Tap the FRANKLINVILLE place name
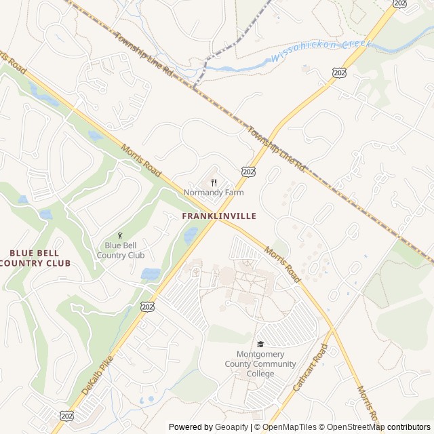click(219, 216)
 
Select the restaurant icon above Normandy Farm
click(214, 182)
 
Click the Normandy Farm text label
click(214, 193)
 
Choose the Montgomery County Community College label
click(260, 364)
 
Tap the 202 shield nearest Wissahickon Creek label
click(337, 71)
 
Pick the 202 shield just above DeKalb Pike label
click(146, 307)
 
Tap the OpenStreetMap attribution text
click(351, 427)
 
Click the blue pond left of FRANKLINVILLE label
click(191, 235)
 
